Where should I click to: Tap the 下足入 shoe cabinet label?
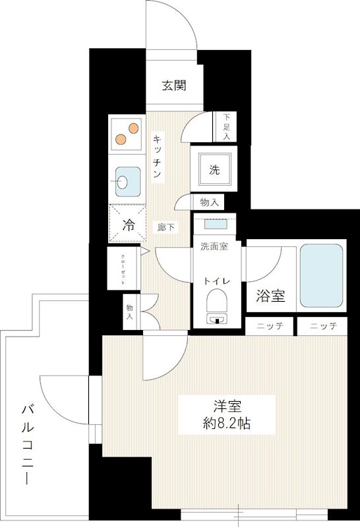(x=225, y=127)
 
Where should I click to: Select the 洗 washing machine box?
(x=214, y=169)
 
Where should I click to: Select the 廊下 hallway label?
(x=166, y=228)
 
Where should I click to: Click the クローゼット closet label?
(x=123, y=269)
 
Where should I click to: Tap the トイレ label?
(x=217, y=281)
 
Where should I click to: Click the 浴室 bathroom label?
(x=270, y=296)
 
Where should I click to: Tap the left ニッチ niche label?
(x=270, y=327)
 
